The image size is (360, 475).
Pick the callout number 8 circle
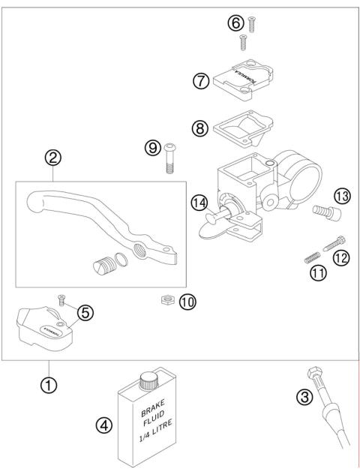(x=199, y=128)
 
